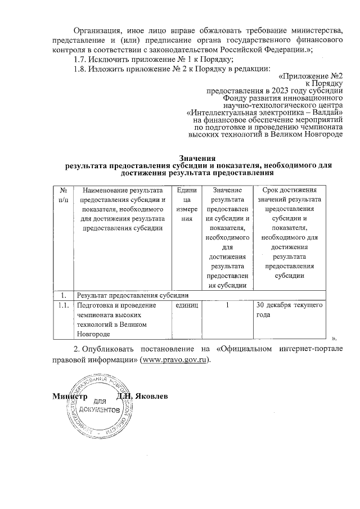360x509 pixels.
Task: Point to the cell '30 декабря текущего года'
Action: tap(289, 310)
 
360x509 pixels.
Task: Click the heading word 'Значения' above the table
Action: tap(197, 157)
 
